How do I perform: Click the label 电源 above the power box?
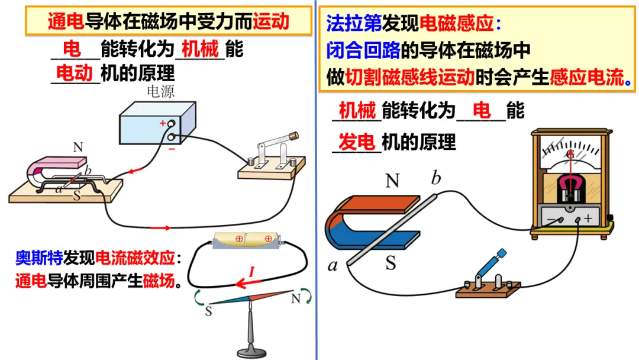click(x=160, y=92)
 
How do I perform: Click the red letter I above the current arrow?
click(x=251, y=272)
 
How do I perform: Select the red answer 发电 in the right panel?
click(x=357, y=142)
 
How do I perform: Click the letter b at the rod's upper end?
click(x=436, y=178)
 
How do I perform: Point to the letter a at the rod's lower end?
click(x=333, y=266)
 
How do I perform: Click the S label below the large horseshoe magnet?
click(x=390, y=262)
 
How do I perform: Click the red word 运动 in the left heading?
click(x=271, y=22)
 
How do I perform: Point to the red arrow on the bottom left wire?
click(x=160, y=227)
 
